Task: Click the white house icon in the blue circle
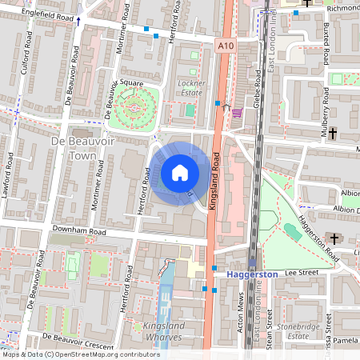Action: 180,173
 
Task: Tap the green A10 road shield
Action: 226,46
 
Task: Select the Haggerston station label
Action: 252,274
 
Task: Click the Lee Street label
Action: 302,272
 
